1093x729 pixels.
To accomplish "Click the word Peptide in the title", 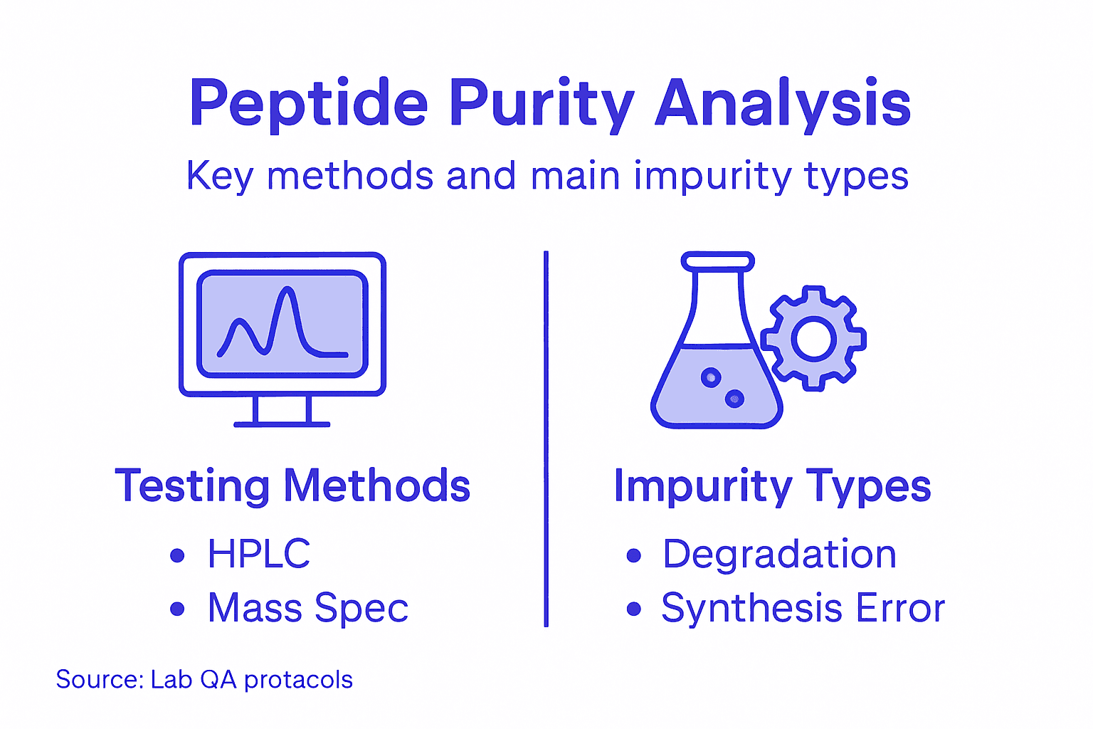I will coord(307,103).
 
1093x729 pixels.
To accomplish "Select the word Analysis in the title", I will coord(783,105).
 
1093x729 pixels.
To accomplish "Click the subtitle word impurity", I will coord(712,176).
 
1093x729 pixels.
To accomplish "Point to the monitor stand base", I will coord(282,424).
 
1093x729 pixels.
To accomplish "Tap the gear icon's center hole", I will coord(813,338).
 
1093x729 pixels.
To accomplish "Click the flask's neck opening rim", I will coord(717,261).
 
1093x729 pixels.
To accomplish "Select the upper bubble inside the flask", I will coord(711,377).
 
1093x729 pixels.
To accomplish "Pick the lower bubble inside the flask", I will coord(734,399).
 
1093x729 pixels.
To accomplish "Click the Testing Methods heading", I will coord(292,486).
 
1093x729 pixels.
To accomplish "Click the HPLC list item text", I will coord(259,554).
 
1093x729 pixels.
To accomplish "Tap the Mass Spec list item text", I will coord(308,609).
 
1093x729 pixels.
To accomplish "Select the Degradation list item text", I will coord(779,554).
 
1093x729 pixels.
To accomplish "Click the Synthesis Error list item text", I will coord(803,609).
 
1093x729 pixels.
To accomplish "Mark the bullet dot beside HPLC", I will coord(178,555).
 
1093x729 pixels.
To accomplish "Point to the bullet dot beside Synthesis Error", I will coord(633,609).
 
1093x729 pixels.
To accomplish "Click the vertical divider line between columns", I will coord(546,438).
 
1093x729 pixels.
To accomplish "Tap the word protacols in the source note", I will coord(298,680).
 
